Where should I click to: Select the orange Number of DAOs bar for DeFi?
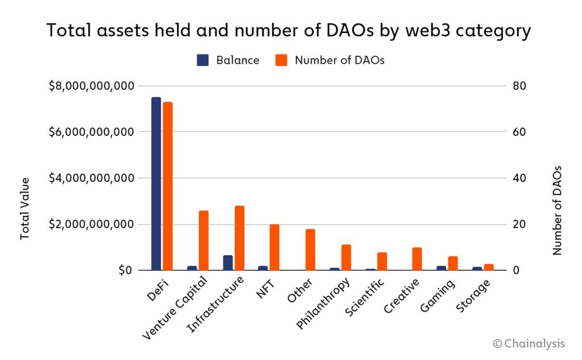tap(168, 186)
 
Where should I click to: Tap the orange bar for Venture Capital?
tap(203, 241)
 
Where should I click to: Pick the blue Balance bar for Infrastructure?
tap(227, 263)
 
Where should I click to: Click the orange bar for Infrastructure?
tap(239, 238)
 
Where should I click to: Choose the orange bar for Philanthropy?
tap(346, 258)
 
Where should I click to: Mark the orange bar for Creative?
tap(417, 259)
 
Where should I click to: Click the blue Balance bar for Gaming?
tap(441, 268)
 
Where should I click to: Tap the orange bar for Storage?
tap(489, 267)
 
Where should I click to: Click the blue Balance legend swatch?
tap(203, 60)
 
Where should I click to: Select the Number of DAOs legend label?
tap(339, 60)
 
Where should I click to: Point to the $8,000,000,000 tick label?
tap(92, 86)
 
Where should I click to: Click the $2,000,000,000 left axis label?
tap(92, 224)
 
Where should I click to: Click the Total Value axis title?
tap(25, 208)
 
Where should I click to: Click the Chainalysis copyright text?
tap(529, 344)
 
